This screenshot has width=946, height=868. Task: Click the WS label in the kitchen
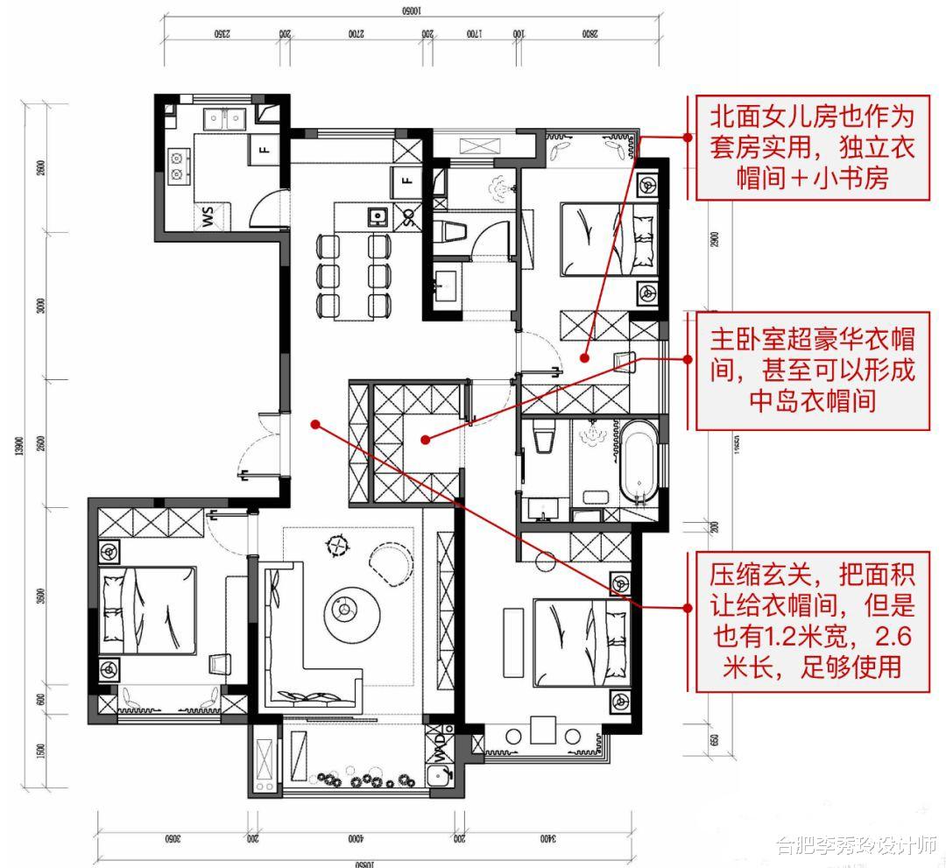[208, 216]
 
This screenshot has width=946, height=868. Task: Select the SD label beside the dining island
[407, 216]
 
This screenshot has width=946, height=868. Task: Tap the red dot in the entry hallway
[315, 424]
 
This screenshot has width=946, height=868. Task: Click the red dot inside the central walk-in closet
[424, 439]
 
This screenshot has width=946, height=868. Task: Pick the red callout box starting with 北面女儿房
[812, 146]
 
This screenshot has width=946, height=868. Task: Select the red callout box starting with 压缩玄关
[812, 621]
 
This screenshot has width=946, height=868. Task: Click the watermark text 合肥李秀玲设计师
[855, 845]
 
